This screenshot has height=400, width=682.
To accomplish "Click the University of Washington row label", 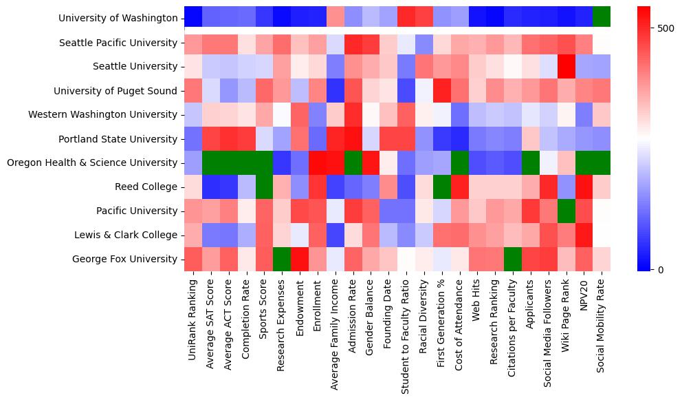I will (118, 19).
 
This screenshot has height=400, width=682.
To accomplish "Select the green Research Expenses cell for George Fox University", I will (281, 259).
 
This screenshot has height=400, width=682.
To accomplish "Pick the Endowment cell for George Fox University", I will (299, 259).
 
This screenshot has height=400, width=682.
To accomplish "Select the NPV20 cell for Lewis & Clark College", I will (584, 235).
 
